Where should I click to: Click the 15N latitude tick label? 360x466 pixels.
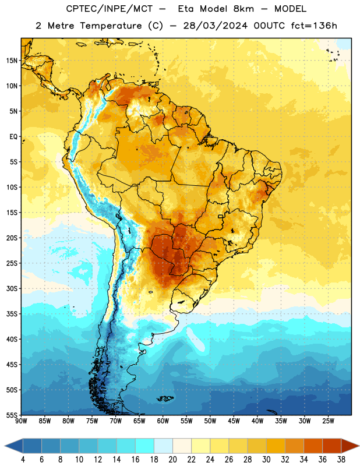(x=12, y=61)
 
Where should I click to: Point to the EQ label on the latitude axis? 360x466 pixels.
(x=13, y=137)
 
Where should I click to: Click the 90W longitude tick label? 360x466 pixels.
(x=21, y=421)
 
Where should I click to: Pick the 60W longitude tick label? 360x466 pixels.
(x=163, y=421)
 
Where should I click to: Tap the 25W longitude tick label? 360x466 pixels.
(x=328, y=421)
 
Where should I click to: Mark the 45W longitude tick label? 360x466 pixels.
(x=234, y=421)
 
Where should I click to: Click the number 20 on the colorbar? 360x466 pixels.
(x=172, y=460)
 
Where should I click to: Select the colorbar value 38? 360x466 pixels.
(x=341, y=460)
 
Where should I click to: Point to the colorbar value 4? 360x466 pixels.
(x=23, y=460)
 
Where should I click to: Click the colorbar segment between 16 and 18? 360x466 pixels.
(x=145, y=446)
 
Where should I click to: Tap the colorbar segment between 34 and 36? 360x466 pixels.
(x=313, y=446)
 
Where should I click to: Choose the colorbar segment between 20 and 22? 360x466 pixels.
(x=182, y=446)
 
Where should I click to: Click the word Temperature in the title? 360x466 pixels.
(x=111, y=26)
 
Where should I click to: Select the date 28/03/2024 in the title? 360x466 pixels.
(x=215, y=26)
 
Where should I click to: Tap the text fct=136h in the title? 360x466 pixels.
(x=314, y=26)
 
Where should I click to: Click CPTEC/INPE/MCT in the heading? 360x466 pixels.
(x=109, y=9)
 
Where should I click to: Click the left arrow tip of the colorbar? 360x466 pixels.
(x=5, y=446)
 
